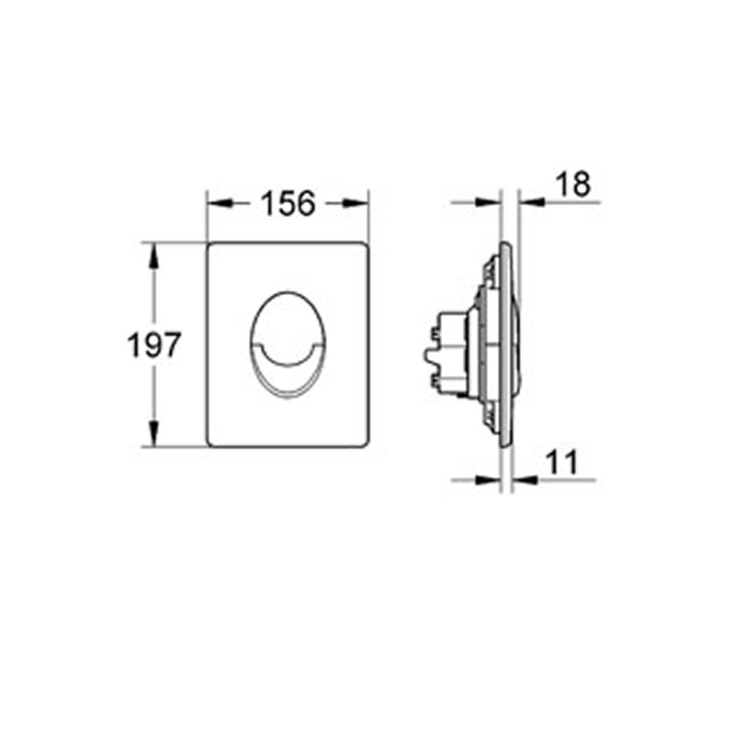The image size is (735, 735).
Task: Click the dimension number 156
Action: (x=288, y=203)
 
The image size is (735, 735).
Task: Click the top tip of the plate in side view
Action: (x=504, y=244)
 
